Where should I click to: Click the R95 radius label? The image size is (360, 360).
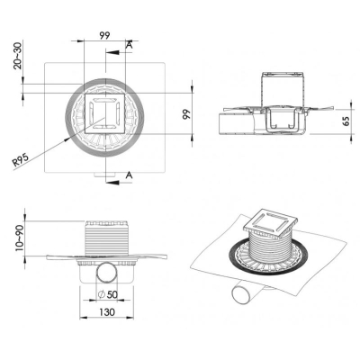coord(21,159)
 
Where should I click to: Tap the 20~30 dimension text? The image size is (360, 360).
coord(18,56)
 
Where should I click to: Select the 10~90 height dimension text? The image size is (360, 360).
coord(19,238)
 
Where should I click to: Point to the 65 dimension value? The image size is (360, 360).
coord(346,121)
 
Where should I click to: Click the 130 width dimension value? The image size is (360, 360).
coord(107,312)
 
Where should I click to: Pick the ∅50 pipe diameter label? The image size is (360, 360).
coord(108,294)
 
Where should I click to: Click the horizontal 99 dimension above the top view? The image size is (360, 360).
coord(104,36)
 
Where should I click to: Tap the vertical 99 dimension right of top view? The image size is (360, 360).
coord(187,114)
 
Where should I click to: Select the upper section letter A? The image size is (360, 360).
coord(130,45)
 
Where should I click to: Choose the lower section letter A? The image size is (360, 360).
coord(129,175)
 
